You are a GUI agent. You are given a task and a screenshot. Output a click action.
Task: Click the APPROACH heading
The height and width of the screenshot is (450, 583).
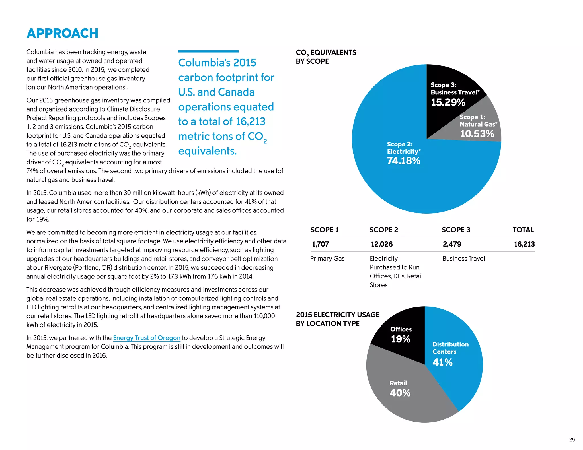[x=62, y=33]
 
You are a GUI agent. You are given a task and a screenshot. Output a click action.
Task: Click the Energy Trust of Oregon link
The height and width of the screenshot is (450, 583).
[x=147, y=338]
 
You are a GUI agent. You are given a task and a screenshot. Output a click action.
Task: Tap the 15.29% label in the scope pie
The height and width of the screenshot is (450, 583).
[x=448, y=102]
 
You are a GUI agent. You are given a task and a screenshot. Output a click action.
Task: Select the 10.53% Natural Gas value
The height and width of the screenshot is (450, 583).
[x=477, y=134]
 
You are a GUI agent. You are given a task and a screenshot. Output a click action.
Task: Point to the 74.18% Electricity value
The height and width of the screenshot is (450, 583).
[x=403, y=161]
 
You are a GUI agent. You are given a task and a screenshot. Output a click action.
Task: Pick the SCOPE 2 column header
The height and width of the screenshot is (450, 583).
[x=384, y=230]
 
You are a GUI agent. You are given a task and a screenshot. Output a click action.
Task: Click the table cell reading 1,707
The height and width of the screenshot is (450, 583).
[x=321, y=244]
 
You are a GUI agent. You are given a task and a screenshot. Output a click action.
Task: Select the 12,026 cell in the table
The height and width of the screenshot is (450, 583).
[x=382, y=244]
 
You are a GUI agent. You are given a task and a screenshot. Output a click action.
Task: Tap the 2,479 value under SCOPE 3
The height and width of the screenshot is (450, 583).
[x=452, y=244]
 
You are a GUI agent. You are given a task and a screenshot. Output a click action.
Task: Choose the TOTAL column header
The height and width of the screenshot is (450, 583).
[x=523, y=230]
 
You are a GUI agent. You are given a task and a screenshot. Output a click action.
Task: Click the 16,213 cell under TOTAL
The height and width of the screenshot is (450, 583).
[x=524, y=244]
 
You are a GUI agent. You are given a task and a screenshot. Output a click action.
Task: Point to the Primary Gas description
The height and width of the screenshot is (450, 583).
[x=327, y=259]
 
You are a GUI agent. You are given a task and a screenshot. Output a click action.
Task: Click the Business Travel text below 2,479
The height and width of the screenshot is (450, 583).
[x=463, y=259]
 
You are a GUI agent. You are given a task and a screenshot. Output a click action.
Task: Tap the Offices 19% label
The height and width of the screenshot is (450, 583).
[x=401, y=335]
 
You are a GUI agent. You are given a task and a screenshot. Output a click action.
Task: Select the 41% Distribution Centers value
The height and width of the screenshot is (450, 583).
[x=442, y=362]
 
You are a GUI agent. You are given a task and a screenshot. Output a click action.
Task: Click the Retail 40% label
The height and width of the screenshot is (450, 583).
[x=400, y=389]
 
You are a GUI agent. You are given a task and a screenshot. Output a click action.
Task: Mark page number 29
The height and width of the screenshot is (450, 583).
[x=572, y=440]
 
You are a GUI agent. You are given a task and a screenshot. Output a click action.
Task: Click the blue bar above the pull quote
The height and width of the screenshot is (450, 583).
[x=208, y=51]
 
